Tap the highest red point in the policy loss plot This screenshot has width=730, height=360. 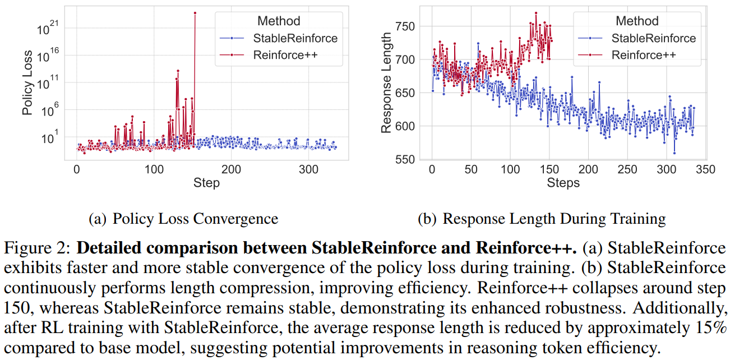click(x=195, y=12)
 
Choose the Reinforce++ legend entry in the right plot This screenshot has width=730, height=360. click(x=643, y=54)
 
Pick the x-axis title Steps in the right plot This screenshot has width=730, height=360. click(x=563, y=183)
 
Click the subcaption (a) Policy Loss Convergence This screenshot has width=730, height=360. click(x=183, y=219)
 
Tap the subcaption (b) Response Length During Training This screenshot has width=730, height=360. click(x=542, y=219)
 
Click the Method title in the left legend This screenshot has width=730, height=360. click(x=279, y=21)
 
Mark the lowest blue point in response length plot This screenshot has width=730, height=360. click(x=674, y=153)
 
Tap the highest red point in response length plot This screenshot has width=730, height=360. click(x=536, y=12)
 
